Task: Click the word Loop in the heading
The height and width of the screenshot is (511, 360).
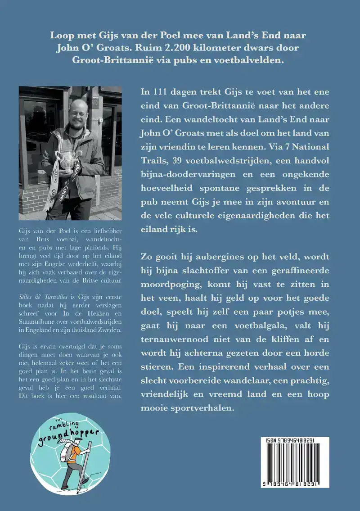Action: (x=62, y=36)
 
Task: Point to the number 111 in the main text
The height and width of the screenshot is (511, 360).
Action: (x=163, y=92)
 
